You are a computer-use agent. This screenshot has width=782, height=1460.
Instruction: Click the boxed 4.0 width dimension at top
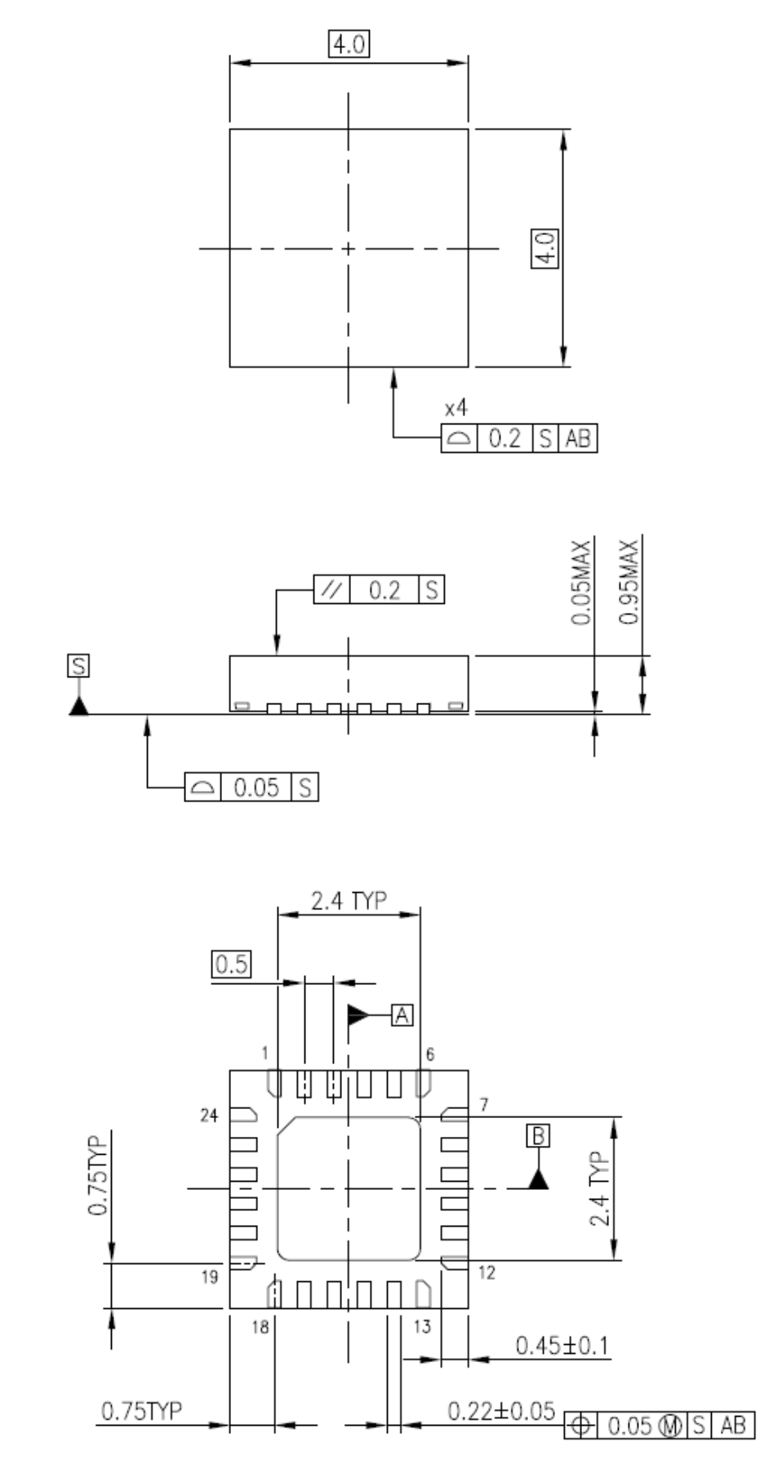pos(349,43)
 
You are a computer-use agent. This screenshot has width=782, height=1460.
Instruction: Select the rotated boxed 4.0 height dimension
pos(544,248)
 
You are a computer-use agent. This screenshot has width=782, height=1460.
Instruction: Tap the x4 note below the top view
pos(455,408)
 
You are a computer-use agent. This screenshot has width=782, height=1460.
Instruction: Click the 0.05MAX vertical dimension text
pos(580,581)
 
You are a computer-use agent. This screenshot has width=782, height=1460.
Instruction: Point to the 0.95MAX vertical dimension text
pos(628,581)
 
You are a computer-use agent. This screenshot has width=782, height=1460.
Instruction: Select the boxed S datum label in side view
pos(78,666)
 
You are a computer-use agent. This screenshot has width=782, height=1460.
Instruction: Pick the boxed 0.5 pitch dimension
pos(231,964)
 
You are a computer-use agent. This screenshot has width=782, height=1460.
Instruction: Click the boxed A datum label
pos(402,1014)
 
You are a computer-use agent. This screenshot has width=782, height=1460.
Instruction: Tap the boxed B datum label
pos(538,1136)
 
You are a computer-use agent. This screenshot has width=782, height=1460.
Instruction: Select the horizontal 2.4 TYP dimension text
pos(349,901)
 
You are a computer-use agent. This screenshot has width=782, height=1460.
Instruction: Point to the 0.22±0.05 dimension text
pos(501,1410)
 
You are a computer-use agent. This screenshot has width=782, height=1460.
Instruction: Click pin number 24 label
pos(209,1115)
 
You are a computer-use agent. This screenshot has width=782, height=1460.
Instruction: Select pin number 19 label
pos(210,1276)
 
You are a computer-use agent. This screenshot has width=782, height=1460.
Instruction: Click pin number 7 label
pos(484,1105)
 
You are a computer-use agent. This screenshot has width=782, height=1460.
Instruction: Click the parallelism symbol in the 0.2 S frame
pos(332,589)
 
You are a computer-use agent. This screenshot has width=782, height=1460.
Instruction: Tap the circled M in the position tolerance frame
pos(670,1426)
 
